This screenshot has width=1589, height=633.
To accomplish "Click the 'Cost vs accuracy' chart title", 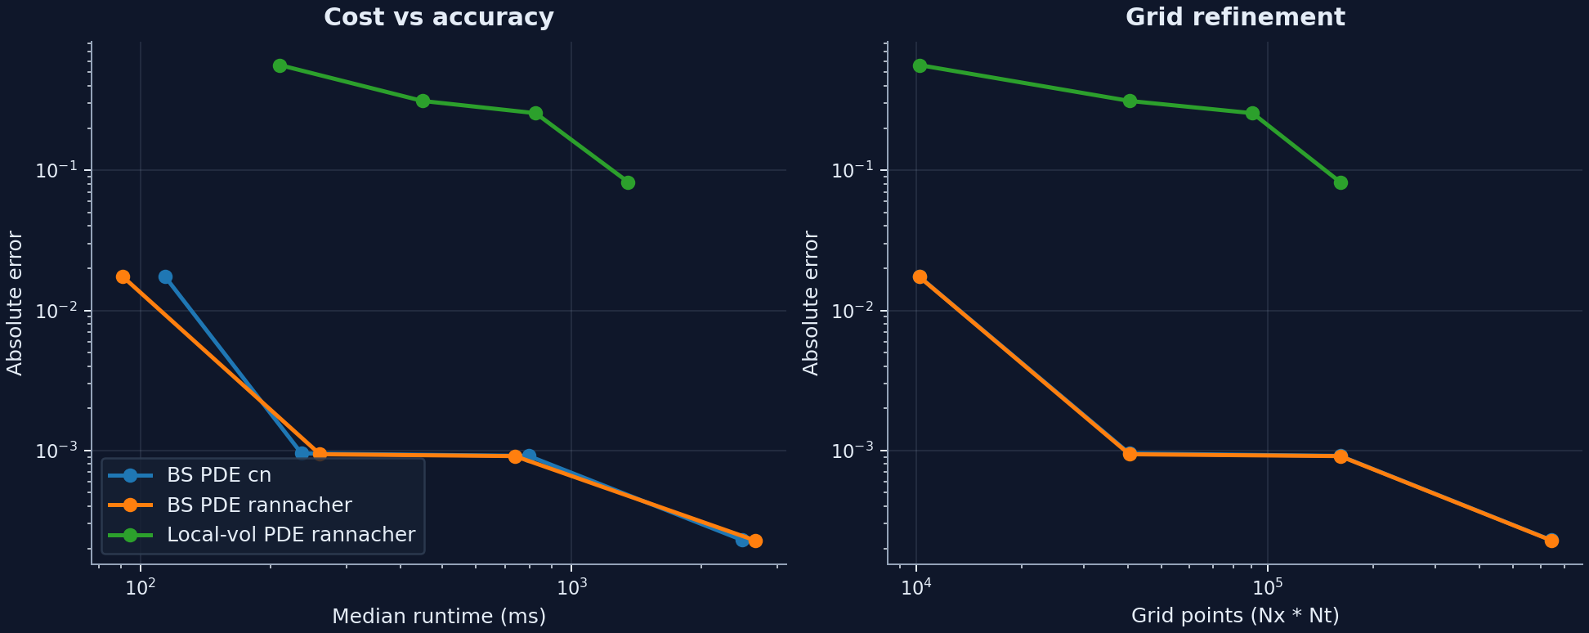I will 438,17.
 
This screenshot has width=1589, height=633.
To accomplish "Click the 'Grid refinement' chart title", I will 1234,17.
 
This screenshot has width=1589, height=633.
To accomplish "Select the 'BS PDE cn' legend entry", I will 218,475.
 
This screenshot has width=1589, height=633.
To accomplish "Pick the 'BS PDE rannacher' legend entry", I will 258,505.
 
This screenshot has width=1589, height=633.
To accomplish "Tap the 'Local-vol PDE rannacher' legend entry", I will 290,535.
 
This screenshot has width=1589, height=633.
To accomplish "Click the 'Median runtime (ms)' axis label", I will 438,617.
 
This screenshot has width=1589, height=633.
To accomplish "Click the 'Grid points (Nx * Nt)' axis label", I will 1234,617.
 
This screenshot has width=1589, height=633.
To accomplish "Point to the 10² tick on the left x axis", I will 141,586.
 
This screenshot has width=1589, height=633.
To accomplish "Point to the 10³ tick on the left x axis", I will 571,586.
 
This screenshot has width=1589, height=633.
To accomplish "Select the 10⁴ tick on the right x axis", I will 915,586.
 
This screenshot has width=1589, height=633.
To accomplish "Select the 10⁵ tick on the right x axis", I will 1267,586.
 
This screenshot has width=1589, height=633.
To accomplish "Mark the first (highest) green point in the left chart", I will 280,65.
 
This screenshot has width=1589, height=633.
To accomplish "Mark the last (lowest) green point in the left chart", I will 628,182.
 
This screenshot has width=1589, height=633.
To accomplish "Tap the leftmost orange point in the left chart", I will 123,276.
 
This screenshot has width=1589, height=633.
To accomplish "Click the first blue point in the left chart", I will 165,276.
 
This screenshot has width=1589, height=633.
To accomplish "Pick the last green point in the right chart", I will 1341,182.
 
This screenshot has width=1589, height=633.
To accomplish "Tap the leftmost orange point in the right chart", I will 920,276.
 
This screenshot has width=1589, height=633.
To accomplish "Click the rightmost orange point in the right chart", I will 1551,541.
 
